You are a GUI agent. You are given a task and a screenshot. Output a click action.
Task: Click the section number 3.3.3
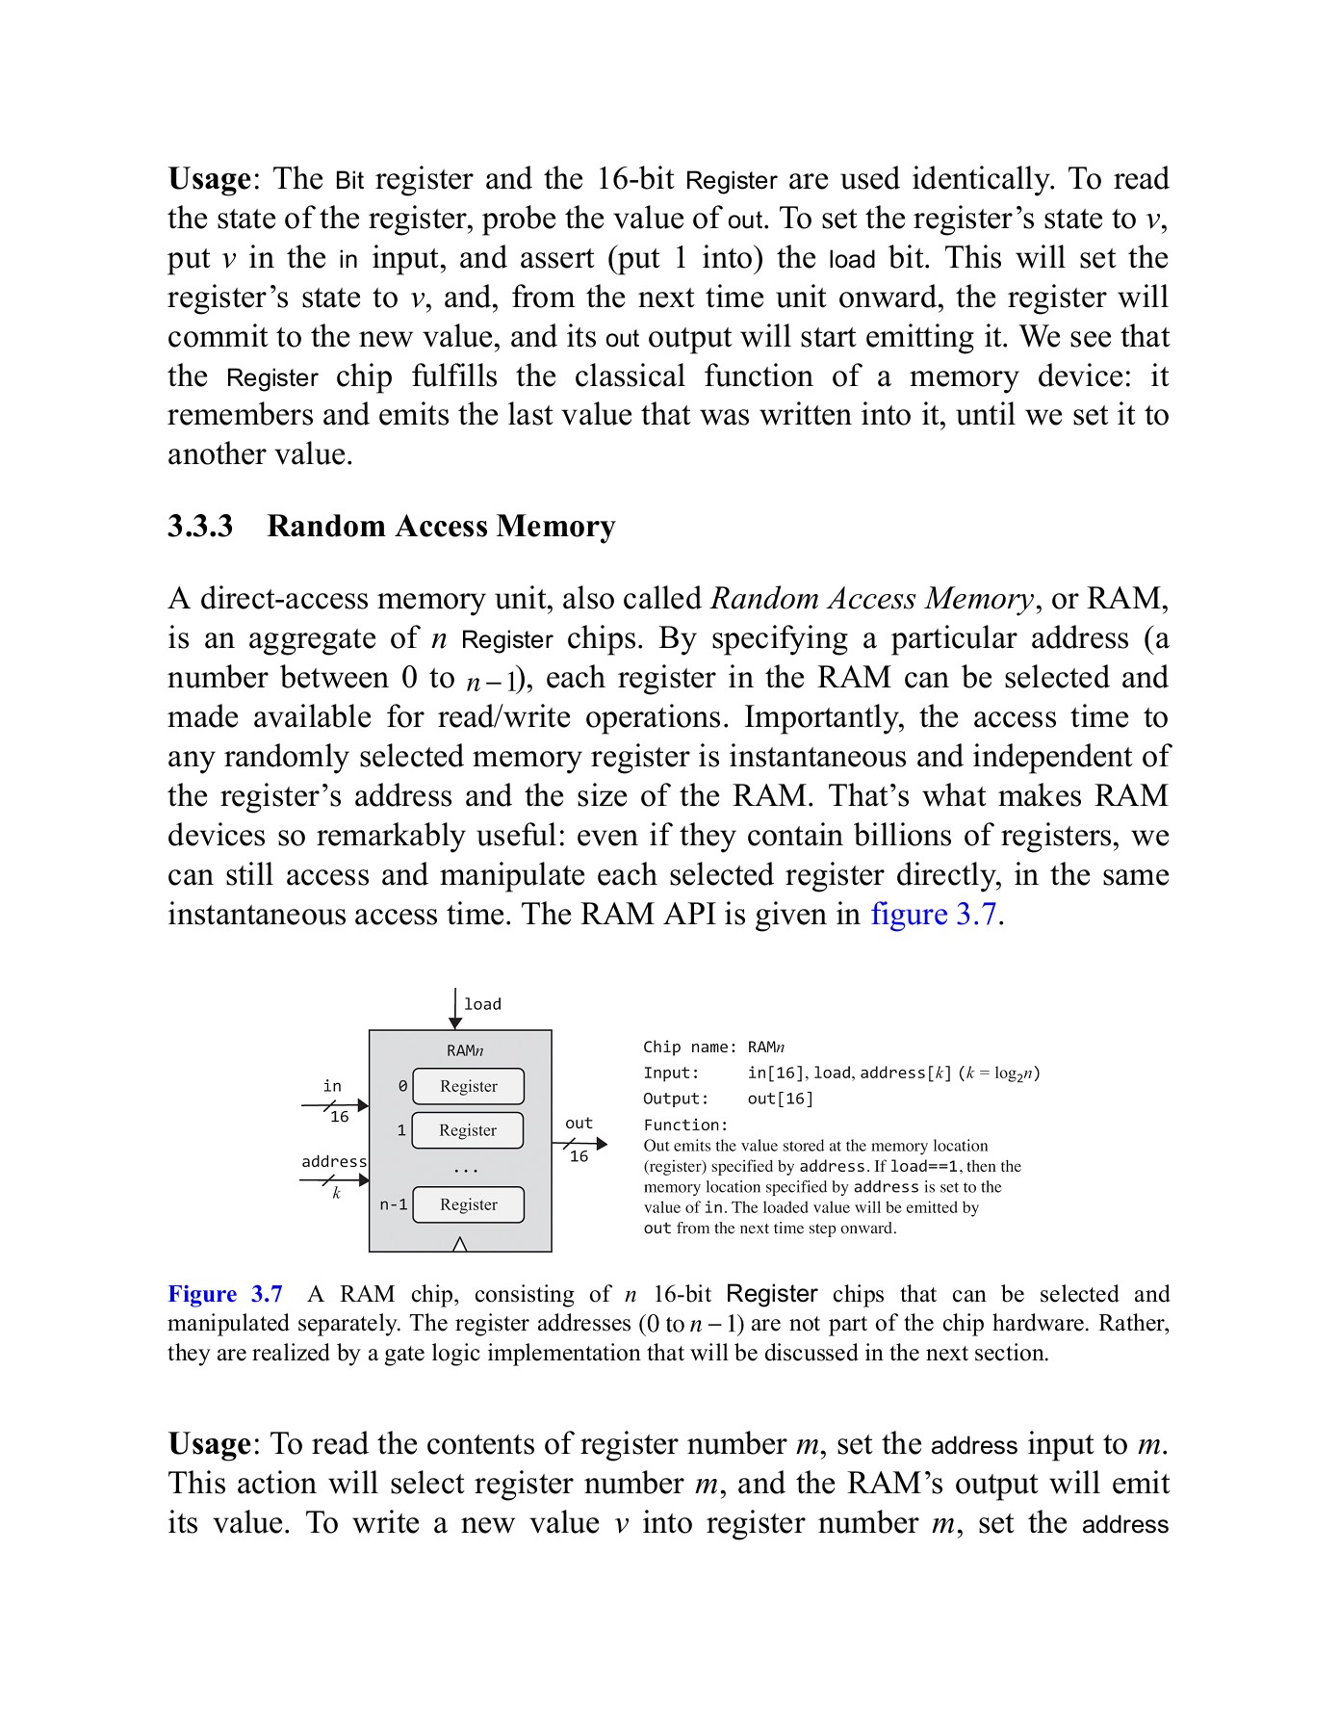tap(200, 527)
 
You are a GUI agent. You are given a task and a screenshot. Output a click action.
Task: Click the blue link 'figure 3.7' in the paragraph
tap(933, 914)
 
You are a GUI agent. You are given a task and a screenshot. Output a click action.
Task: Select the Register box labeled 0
tap(468, 1086)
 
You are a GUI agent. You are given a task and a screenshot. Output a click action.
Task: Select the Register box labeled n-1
tap(468, 1204)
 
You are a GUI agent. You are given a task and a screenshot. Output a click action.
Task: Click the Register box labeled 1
tap(468, 1130)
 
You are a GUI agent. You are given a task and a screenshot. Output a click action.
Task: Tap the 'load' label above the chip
tap(482, 1004)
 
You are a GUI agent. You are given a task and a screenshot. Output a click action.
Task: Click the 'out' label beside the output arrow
tap(579, 1123)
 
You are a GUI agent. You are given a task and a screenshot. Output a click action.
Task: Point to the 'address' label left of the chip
tap(334, 1161)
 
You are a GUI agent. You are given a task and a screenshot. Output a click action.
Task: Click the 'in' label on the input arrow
tap(332, 1086)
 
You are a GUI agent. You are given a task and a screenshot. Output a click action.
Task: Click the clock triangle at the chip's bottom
tap(459, 1244)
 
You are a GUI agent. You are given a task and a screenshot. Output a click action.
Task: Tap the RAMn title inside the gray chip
tap(466, 1050)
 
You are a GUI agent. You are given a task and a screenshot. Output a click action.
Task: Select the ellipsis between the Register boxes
tap(466, 1170)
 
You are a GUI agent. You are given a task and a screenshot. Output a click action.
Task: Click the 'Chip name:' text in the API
tap(689, 1048)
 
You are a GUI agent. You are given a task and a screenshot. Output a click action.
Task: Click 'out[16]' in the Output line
tap(780, 1099)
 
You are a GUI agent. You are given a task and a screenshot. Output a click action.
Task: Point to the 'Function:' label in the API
tap(685, 1125)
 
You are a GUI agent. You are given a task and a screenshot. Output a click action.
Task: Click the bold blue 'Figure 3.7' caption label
tap(225, 1294)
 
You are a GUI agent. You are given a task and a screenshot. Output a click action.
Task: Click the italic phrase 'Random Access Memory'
tap(871, 599)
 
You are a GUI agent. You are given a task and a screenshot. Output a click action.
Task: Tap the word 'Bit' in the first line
tap(349, 180)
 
